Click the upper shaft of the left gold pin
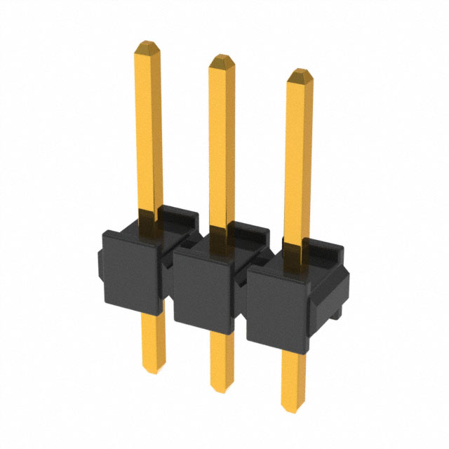148,126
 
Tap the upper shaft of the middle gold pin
222,140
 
